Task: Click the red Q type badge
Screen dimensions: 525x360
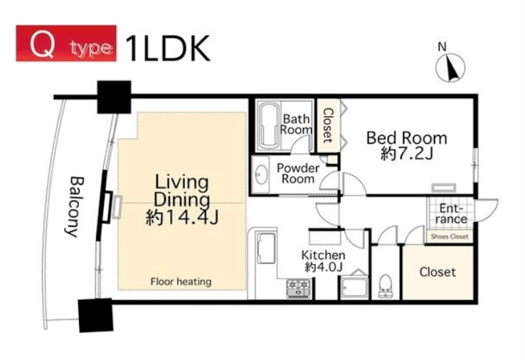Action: pyautogui.click(x=66, y=43)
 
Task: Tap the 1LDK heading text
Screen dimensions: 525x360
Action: pyautogui.click(x=167, y=49)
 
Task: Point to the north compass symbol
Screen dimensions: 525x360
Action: pyautogui.click(x=450, y=65)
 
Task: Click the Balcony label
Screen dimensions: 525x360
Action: pyautogui.click(x=74, y=206)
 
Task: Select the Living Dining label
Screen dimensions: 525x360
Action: pyautogui.click(x=182, y=191)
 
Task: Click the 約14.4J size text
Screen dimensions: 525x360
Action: pyautogui.click(x=183, y=218)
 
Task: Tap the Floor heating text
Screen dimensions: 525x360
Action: pyautogui.click(x=181, y=282)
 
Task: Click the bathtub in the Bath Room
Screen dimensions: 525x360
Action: pyautogui.click(x=269, y=126)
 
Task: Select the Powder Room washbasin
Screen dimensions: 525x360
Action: pyautogui.click(x=261, y=174)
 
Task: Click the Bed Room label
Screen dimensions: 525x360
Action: pyautogui.click(x=407, y=138)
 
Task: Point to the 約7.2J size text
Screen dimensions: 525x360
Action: pyautogui.click(x=407, y=154)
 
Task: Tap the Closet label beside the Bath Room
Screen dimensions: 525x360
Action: pyautogui.click(x=328, y=125)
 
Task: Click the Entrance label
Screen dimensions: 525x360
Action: pyautogui.click(x=451, y=213)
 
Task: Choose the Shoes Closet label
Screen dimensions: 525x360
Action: pyautogui.click(x=450, y=237)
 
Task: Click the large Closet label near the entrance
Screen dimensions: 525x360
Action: pyautogui.click(x=437, y=272)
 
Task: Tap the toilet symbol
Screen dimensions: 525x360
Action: pyautogui.click(x=386, y=286)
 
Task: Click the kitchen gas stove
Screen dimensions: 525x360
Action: pyautogui.click(x=299, y=288)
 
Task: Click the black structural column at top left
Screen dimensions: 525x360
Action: pyautogui.click(x=114, y=97)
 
